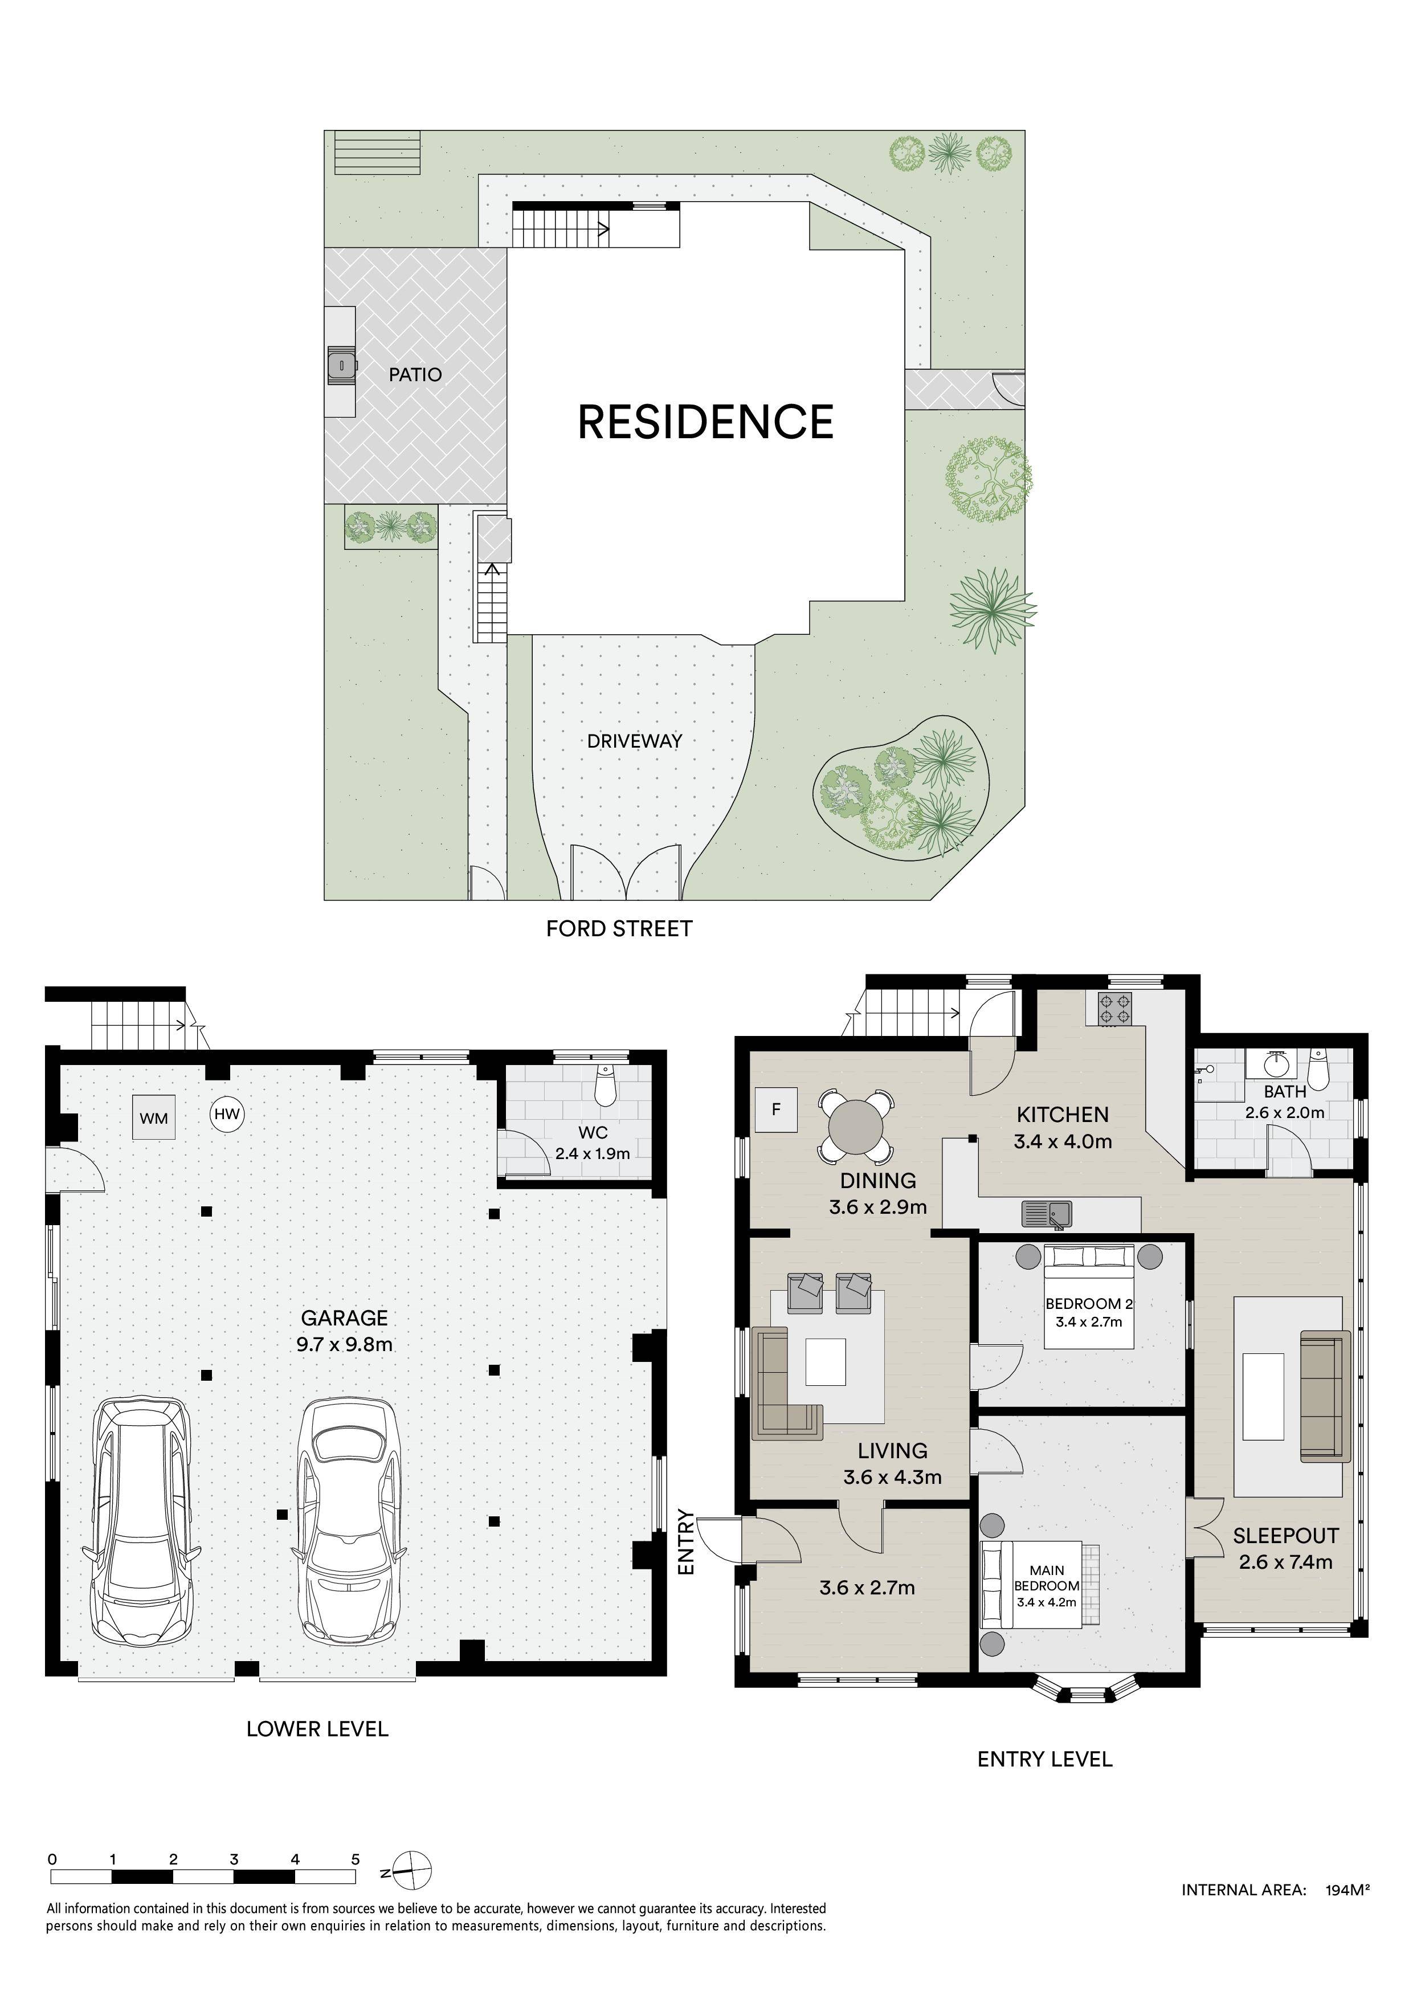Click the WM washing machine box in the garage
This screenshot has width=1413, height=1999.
[154, 1117]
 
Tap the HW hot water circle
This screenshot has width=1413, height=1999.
[227, 1113]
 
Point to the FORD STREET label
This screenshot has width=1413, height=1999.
[619, 929]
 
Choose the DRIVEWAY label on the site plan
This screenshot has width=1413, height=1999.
[635, 741]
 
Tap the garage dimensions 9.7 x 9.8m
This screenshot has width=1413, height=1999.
[345, 1344]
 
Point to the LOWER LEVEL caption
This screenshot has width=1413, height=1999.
[317, 1729]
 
